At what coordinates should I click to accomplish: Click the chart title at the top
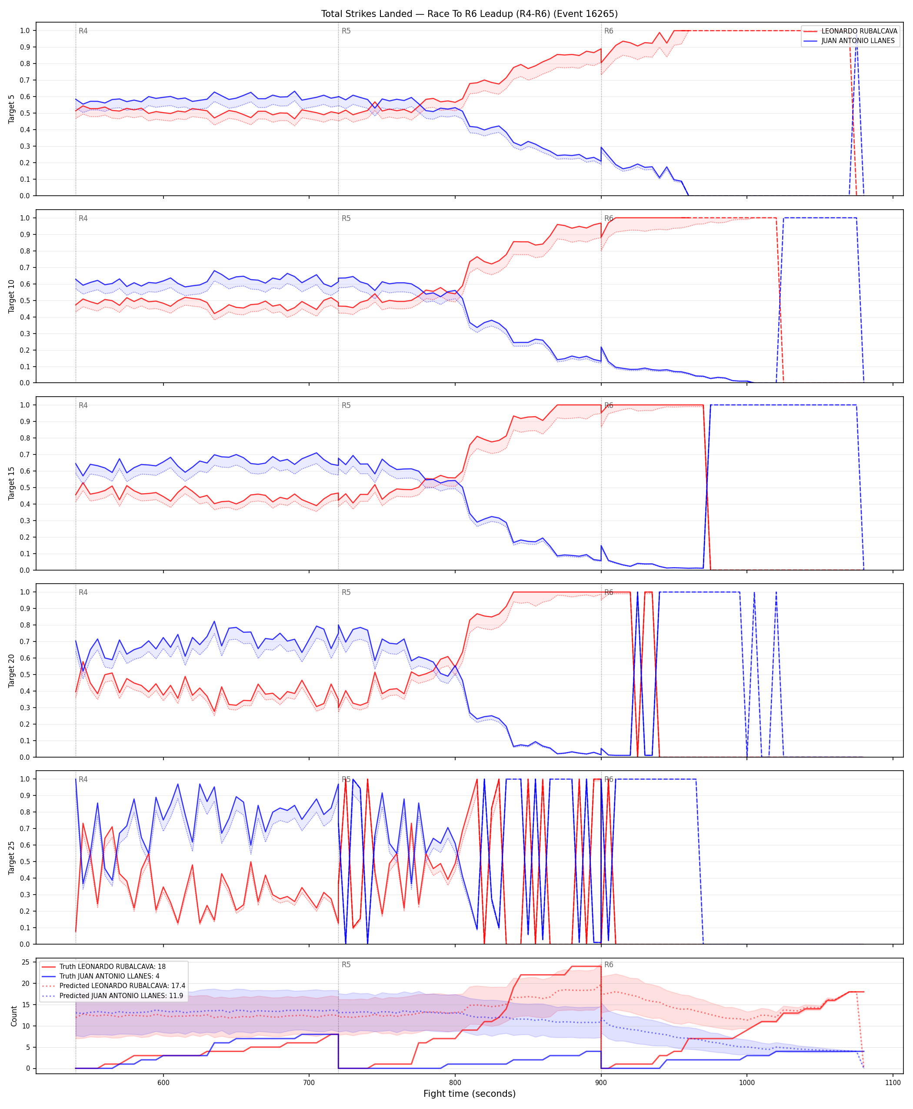pos(469,13)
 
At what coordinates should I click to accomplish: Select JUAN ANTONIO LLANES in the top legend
pos(858,40)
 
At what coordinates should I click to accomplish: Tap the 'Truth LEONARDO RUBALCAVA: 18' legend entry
pos(113,966)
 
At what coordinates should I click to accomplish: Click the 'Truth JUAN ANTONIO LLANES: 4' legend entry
pos(110,976)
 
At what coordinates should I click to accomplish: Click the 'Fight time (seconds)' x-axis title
pos(469,1094)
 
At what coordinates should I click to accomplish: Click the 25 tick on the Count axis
pos(25,962)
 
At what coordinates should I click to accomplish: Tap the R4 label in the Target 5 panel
pos(83,31)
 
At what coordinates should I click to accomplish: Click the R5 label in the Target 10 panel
pos(346,218)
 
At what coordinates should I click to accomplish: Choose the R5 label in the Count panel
pos(346,965)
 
